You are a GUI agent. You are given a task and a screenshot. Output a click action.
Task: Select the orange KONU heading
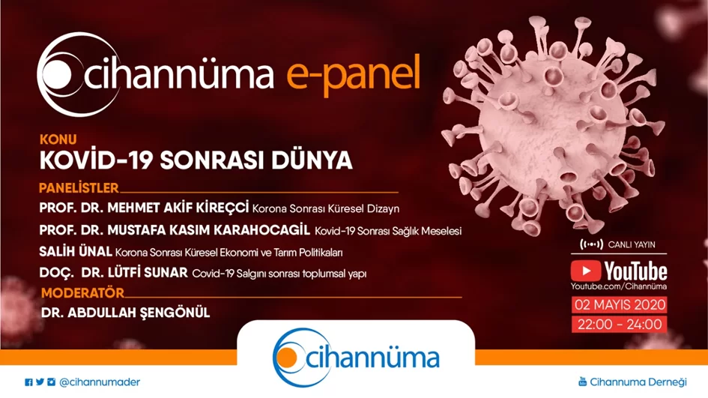(x=58, y=139)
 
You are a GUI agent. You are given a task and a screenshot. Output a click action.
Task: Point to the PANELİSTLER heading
(x=79, y=187)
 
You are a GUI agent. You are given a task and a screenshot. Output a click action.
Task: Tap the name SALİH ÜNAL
(x=76, y=251)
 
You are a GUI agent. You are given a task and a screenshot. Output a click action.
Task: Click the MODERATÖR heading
(x=82, y=293)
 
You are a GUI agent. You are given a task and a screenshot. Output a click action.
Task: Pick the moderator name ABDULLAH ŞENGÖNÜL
(x=139, y=313)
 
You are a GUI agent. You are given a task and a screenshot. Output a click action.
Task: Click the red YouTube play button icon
(x=586, y=271)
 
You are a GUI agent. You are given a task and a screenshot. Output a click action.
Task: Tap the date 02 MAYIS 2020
(x=620, y=304)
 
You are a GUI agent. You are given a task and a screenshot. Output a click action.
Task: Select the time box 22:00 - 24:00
(x=620, y=325)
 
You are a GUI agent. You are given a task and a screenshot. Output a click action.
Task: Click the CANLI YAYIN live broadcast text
(x=632, y=245)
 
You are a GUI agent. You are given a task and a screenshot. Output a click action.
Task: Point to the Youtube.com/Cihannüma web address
(x=619, y=286)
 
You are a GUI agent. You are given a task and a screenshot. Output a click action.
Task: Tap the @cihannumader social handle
(x=100, y=382)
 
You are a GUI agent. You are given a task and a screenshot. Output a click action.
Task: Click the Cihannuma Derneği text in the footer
(x=638, y=382)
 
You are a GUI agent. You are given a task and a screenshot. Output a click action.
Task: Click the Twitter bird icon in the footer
(x=40, y=382)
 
